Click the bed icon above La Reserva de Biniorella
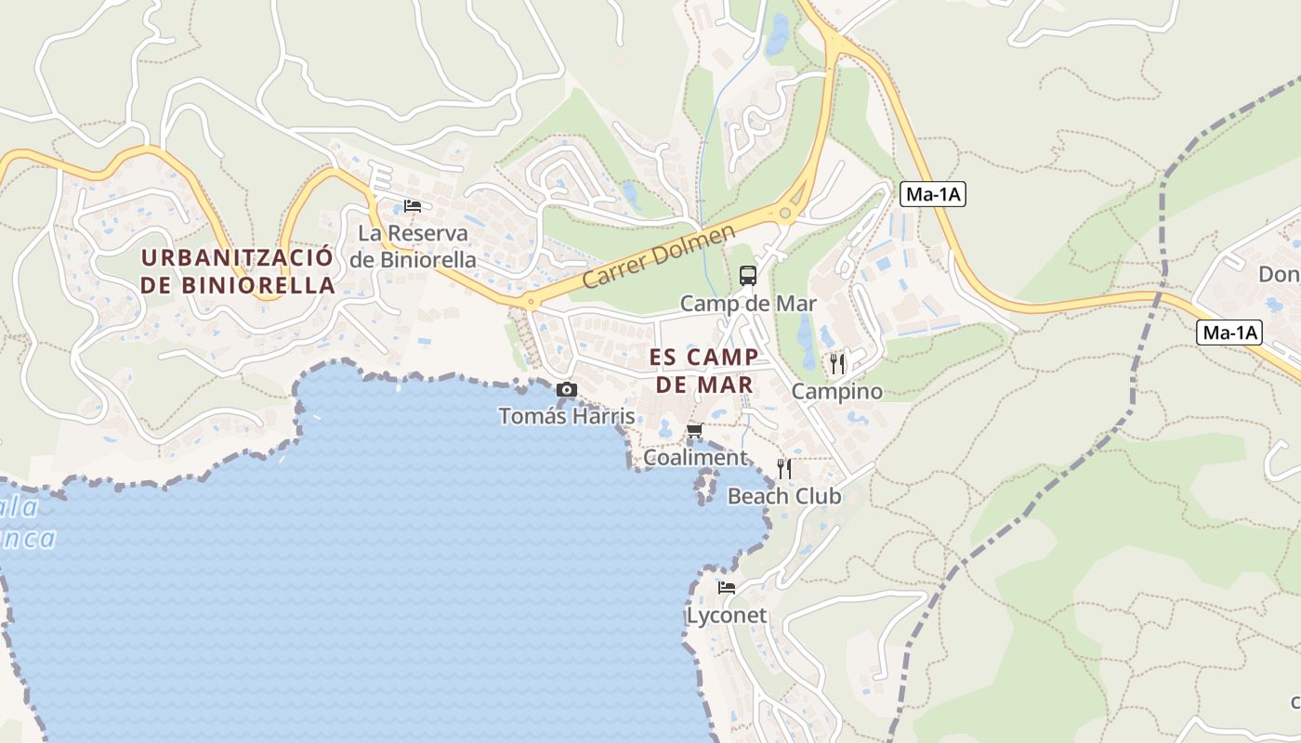click(413, 205)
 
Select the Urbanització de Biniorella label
click(237, 270)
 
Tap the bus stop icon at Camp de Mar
click(748, 275)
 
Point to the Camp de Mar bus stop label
click(748, 304)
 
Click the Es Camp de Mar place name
click(704, 371)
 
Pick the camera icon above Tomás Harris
click(566, 390)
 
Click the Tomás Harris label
click(566, 416)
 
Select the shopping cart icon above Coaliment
click(694, 431)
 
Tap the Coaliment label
click(695, 458)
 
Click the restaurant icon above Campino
click(837, 363)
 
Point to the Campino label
click(836, 392)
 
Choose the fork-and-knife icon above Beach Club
click(784, 468)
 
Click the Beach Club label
click(784, 496)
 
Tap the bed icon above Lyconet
click(727, 588)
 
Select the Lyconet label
click(727, 616)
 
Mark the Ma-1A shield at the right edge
click(1229, 332)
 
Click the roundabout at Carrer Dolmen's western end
click(530, 302)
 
